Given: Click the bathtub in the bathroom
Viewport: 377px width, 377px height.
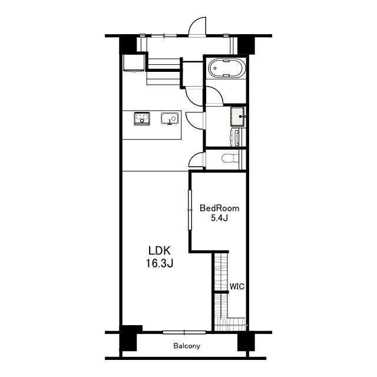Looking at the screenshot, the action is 227,68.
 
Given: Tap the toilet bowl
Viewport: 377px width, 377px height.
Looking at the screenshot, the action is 230,158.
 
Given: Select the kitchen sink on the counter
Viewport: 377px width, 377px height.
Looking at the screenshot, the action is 170,118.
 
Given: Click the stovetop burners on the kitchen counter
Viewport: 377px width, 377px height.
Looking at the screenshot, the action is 142,118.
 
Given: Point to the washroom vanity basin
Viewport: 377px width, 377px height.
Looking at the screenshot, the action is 238,117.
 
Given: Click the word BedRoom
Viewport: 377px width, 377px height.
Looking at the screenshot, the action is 220,208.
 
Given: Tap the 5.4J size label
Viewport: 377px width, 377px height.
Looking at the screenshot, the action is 219,218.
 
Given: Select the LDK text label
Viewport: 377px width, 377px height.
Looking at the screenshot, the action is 160,251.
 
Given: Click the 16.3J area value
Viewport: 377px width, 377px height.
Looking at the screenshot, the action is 160,263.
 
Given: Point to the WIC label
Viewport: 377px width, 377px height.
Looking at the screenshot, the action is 237,287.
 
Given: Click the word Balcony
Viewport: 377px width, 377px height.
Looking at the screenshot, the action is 187,346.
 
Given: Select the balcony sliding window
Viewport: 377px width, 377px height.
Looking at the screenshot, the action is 184,332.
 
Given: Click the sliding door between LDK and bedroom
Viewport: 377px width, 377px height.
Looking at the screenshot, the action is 190,210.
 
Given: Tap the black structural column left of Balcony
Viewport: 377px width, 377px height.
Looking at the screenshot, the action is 128,338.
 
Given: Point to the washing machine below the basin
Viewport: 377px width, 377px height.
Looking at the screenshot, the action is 235,137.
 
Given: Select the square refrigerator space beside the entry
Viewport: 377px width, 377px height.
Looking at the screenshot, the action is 134,63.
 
